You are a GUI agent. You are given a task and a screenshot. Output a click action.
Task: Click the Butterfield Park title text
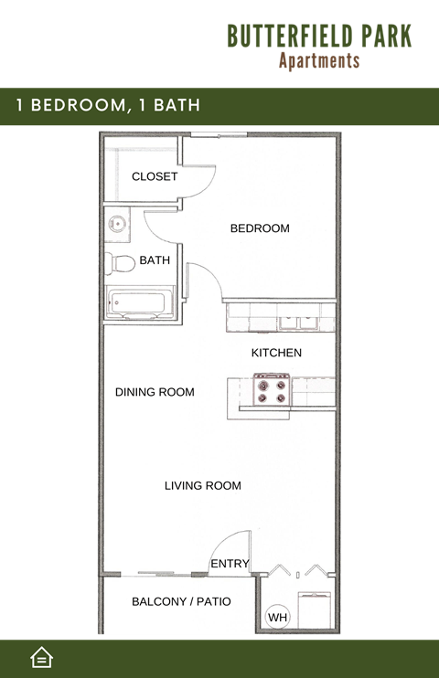pyautogui.click(x=319, y=36)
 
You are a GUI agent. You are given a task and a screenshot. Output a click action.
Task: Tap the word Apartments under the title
pyautogui.click(x=319, y=61)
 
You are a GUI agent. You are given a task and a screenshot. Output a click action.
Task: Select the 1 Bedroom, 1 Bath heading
pyautogui.click(x=108, y=105)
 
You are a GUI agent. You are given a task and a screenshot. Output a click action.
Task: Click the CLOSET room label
pyautogui.click(x=155, y=176)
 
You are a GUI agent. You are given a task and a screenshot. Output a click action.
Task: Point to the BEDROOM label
pyautogui.click(x=260, y=228)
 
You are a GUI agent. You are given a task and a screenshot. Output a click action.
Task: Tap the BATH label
pyautogui.click(x=155, y=260)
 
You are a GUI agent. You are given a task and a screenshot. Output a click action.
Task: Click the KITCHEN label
pyautogui.click(x=276, y=353)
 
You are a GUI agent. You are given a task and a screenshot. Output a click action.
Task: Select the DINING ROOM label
pyautogui.click(x=155, y=392)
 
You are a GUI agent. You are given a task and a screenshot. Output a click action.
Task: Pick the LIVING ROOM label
pyautogui.click(x=203, y=485)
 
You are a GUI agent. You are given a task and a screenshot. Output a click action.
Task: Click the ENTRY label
pyautogui.click(x=230, y=564)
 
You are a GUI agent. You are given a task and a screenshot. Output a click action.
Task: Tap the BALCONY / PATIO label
pyautogui.click(x=181, y=601)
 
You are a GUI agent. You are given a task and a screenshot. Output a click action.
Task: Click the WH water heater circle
pyautogui.click(x=277, y=619)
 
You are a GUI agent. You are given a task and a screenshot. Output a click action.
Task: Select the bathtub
pyautogui.click(x=139, y=302)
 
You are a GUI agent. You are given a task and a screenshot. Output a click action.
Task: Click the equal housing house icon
pyautogui.click(x=41, y=657)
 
